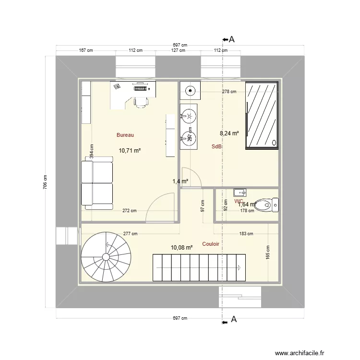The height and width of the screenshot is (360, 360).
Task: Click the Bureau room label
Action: (x=125, y=135)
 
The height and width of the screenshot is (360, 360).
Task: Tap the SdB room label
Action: (x=216, y=146)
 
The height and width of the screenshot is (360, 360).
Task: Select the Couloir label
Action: (x=211, y=244)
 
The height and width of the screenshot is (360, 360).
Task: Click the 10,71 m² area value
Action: (x=130, y=150)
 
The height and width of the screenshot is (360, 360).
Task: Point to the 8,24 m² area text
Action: (x=229, y=134)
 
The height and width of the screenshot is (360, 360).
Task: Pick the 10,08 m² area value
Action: (x=181, y=248)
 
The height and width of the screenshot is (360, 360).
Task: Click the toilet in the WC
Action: (x=268, y=204)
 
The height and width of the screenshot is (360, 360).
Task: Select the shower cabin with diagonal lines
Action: (x=262, y=116)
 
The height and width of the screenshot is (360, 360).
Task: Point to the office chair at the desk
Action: (x=141, y=102)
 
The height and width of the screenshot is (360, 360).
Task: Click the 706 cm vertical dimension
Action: (x=46, y=182)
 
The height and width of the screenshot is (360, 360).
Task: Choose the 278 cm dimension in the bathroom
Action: (x=229, y=91)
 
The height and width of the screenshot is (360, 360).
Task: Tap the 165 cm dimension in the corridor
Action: (x=268, y=253)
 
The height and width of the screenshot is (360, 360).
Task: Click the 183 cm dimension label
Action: (x=246, y=234)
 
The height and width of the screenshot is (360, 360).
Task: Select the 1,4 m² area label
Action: (x=180, y=181)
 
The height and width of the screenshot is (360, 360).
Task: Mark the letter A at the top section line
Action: (x=232, y=39)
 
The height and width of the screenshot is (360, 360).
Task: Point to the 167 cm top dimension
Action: (x=85, y=50)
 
